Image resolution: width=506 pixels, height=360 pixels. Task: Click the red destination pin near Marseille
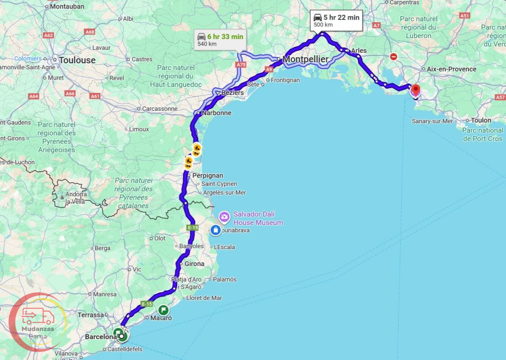416,90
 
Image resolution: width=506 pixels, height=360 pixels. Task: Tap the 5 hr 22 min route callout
337,20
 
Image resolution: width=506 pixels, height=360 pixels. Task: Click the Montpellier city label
305,60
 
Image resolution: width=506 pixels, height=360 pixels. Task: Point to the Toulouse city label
77,60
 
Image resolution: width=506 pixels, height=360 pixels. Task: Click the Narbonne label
216,113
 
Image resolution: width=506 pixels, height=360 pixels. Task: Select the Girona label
194,264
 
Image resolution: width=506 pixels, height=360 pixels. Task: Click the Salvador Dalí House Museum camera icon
224,217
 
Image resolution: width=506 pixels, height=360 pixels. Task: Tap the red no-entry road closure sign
393,57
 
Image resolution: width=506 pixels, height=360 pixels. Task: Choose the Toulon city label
481,120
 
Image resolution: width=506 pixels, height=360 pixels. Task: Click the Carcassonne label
159,109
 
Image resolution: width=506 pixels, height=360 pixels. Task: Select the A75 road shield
241,65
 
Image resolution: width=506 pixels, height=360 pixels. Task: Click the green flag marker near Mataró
164,310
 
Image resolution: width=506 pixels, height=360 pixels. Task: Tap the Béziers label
232,92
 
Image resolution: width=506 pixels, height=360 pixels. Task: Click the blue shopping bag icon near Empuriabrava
215,229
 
